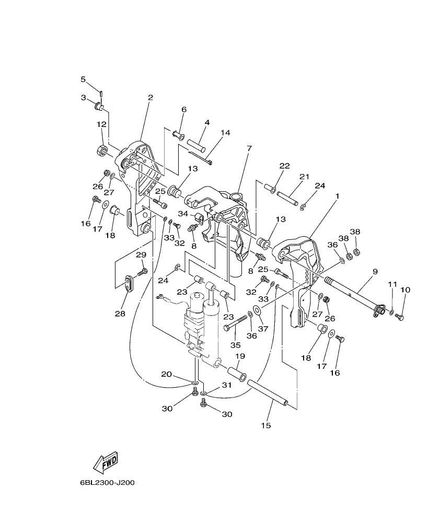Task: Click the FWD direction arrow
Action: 106,461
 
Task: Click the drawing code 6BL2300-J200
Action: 108,482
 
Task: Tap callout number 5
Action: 83,79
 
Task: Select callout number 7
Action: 249,148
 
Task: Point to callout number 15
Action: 266,425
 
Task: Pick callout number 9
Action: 375,271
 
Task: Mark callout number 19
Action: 239,356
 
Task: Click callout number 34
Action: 183,214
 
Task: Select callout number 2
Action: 136,97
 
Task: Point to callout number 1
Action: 338,196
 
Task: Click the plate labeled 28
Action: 128,283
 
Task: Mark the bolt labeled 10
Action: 400,316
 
